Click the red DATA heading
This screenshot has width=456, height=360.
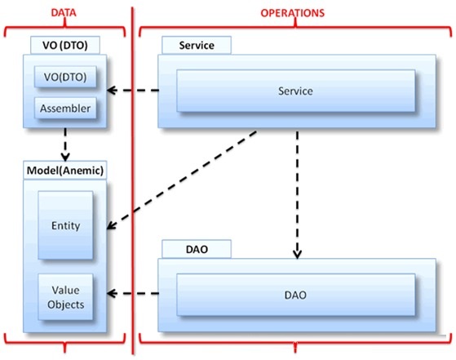[x=64, y=13]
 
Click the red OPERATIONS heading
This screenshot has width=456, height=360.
[x=292, y=13]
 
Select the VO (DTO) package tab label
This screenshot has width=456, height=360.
[x=65, y=46]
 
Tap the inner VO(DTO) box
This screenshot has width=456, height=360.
[x=65, y=77]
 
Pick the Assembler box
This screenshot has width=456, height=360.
[x=65, y=109]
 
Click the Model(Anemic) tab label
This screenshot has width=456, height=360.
[x=65, y=171]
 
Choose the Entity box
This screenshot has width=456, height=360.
[x=65, y=225]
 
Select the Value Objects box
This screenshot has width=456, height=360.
[x=65, y=297]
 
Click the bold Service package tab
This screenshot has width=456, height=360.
[x=197, y=46]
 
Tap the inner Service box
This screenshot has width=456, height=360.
[x=296, y=91]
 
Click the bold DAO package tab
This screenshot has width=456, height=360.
[x=197, y=249]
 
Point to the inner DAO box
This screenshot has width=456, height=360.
[x=296, y=295]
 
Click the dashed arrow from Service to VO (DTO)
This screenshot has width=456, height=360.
[x=133, y=91]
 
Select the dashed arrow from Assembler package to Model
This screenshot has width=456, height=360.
[x=65, y=144]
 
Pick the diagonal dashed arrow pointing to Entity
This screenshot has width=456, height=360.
[x=182, y=180]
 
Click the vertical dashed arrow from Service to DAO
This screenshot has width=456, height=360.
[x=297, y=195]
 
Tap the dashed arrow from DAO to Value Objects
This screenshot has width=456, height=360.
[x=133, y=293]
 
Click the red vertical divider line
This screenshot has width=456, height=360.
[x=133, y=180]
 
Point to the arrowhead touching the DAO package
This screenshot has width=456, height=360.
[x=297, y=254]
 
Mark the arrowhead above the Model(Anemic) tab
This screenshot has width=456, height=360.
[x=65, y=157]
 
